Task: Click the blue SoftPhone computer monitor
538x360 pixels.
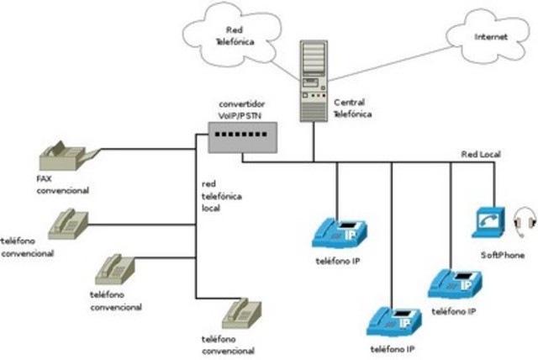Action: click(x=487, y=221)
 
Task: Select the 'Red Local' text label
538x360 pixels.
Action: click(x=481, y=155)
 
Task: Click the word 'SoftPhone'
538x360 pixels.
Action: click(x=503, y=254)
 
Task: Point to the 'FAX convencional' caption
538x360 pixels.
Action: click(x=61, y=185)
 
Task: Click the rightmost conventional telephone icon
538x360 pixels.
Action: click(x=240, y=314)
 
